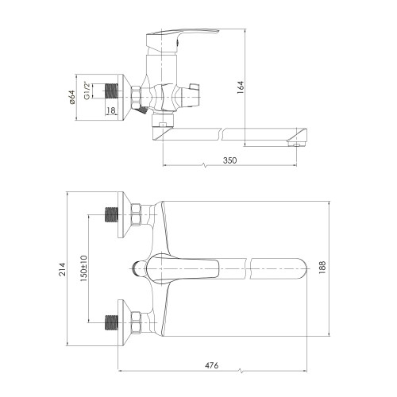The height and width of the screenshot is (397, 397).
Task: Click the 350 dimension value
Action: point(229,160)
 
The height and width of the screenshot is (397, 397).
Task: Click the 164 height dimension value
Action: point(241,88)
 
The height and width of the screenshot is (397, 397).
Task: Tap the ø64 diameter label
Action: point(71,97)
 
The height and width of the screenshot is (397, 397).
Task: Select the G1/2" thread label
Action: point(87,91)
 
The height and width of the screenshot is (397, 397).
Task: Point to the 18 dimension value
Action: point(111,110)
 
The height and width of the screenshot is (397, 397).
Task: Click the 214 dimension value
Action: point(63,269)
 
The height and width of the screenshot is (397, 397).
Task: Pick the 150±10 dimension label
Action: point(83,268)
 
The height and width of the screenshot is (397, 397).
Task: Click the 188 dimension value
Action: point(322,268)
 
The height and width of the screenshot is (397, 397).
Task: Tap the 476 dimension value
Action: point(212,365)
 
